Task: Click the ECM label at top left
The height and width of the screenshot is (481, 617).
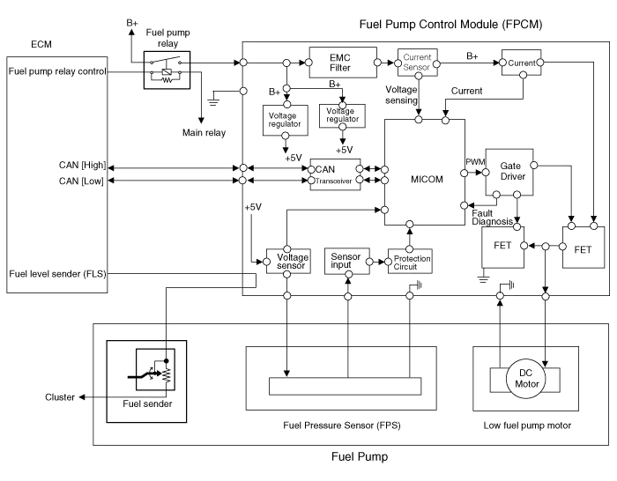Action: click(x=41, y=42)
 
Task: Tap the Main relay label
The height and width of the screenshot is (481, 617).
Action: click(x=204, y=133)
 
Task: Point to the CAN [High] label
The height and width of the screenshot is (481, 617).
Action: click(x=81, y=165)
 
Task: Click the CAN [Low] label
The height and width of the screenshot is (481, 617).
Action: click(x=81, y=181)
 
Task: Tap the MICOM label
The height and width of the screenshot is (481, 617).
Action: click(x=427, y=179)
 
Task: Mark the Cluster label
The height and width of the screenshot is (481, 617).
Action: click(x=61, y=397)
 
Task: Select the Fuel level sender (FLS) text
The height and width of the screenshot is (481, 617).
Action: click(x=57, y=274)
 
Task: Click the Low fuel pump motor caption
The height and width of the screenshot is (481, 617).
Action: click(x=528, y=426)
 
